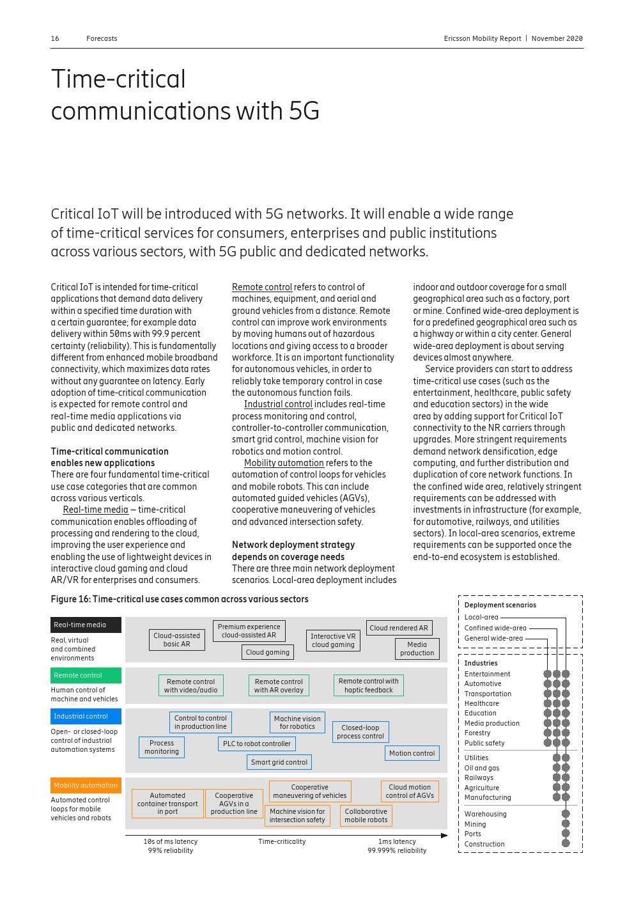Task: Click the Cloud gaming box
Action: (268, 652)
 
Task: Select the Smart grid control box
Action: (279, 762)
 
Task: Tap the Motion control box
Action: (412, 753)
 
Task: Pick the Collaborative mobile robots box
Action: (366, 816)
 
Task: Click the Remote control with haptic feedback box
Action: (368, 685)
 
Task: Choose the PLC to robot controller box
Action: (256, 744)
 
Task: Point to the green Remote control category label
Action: (86, 675)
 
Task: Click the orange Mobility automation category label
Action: (86, 785)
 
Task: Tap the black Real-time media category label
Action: (86, 625)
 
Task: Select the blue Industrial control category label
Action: (86, 716)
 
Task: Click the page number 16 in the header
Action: (55, 38)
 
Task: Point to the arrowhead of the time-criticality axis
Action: (444, 836)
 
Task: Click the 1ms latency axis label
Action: (396, 841)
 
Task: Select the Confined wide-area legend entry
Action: (495, 628)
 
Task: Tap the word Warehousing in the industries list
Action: (485, 814)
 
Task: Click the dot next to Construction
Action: (566, 843)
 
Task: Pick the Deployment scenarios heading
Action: (500, 605)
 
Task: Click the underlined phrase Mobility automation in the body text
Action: (284, 463)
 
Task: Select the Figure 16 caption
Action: (180, 599)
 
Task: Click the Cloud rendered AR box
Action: (399, 628)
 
